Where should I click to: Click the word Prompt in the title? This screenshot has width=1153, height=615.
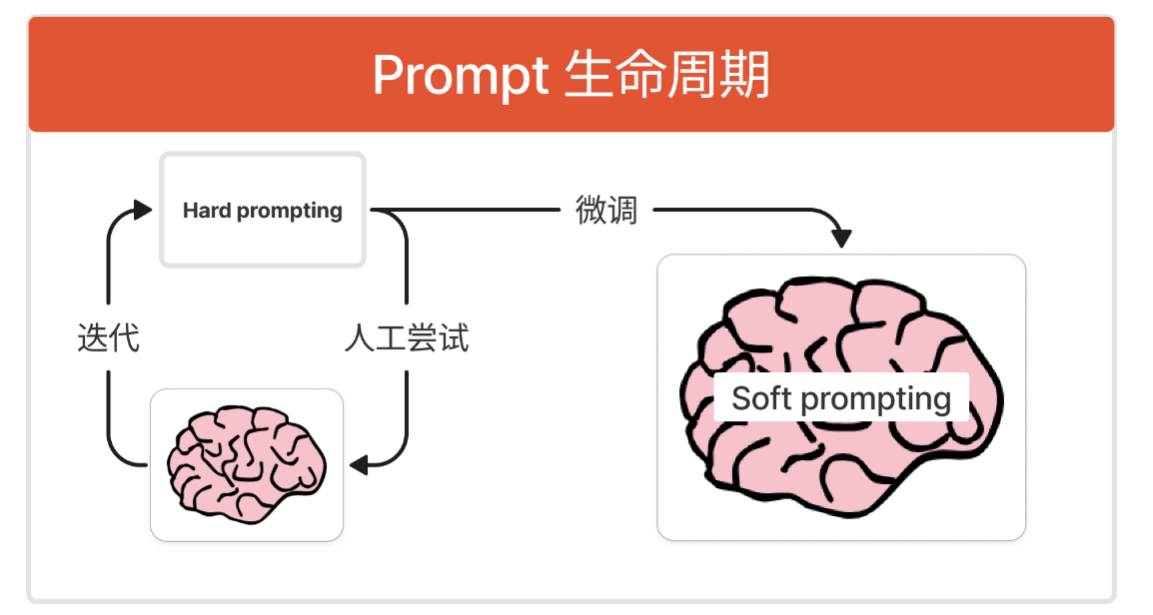tap(461, 76)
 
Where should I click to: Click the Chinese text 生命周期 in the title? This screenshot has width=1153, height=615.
tap(666, 76)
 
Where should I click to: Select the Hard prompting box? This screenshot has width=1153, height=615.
tap(263, 211)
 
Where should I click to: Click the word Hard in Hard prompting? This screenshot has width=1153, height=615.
tap(207, 211)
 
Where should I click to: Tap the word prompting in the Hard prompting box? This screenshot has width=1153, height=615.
tap(289, 211)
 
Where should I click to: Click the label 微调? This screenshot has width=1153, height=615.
tap(606, 211)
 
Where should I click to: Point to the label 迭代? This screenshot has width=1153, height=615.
tap(108, 338)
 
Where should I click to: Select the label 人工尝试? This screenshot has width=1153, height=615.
tap(406, 338)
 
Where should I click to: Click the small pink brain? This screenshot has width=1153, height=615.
tap(246, 463)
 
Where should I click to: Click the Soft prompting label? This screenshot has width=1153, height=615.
tap(841, 398)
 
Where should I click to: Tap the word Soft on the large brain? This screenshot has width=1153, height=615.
tap(762, 398)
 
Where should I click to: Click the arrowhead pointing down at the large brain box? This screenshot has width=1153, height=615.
tap(841, 240)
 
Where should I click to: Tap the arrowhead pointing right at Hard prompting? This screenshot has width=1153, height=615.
tap(143, 210)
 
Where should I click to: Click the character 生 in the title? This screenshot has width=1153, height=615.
tap(587, 76)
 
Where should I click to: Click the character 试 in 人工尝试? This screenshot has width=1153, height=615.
tap(453, 338)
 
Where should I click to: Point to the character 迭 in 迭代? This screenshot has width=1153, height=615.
tap(93, 338)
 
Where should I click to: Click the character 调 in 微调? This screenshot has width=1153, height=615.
tap(621, 211)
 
